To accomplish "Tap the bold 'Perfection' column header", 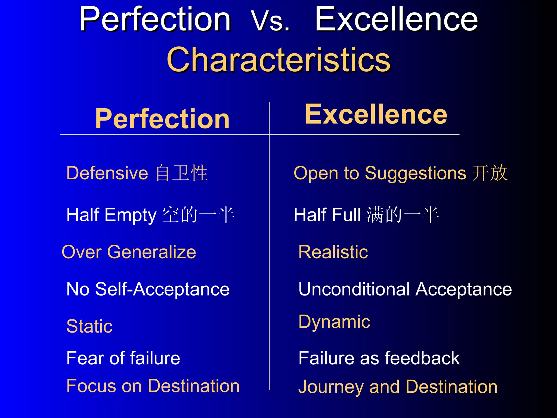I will tap(162, 119).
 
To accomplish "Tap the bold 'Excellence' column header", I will tap(376, 114).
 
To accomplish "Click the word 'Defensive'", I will tap(107, 173).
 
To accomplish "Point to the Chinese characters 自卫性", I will tap(182, 173).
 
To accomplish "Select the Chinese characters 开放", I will tap(490, 173).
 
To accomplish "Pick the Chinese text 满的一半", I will tap(403, 215).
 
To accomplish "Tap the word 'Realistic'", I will tap(333, 252).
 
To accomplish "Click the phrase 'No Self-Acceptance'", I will tap(148, 289).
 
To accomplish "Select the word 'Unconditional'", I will tap(354, 289).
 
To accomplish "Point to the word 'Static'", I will tap(89, 326).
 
